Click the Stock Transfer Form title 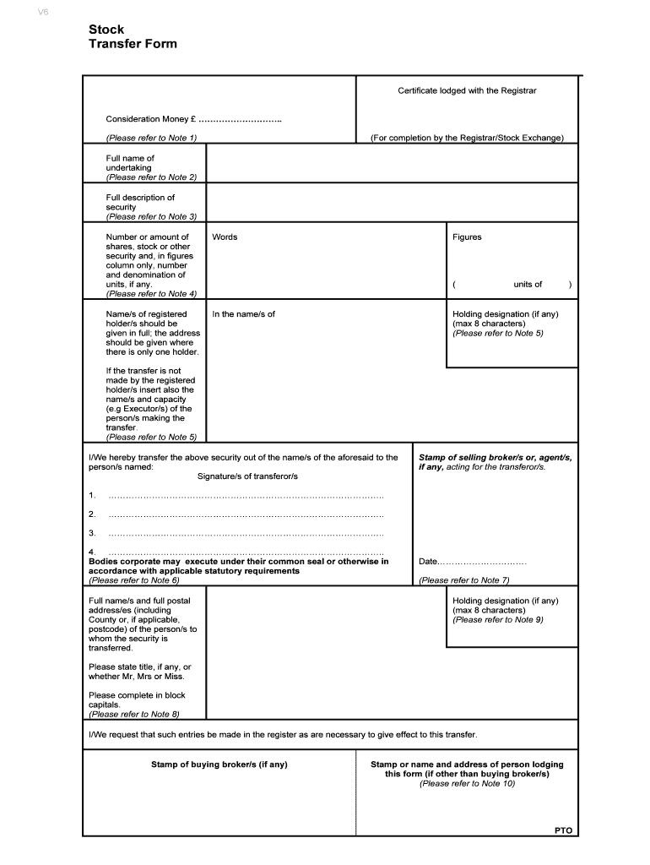pos(133,36)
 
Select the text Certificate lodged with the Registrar pos(467,90)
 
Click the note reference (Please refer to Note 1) pos(151,138)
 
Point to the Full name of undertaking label pos(130,163)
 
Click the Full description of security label pos(140,203)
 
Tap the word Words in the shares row pos(225,237)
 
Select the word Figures pos(467,237)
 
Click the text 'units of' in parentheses pos(528,285)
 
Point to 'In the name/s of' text pos(243,314)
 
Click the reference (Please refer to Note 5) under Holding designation pos(498,334)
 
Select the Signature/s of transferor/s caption pos(247,476)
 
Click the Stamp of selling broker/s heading pos(495,457)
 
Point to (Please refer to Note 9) pos(498,620)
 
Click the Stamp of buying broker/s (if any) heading pos(219,764)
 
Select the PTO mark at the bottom pos(563,830)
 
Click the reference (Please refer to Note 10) pos(467,783)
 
